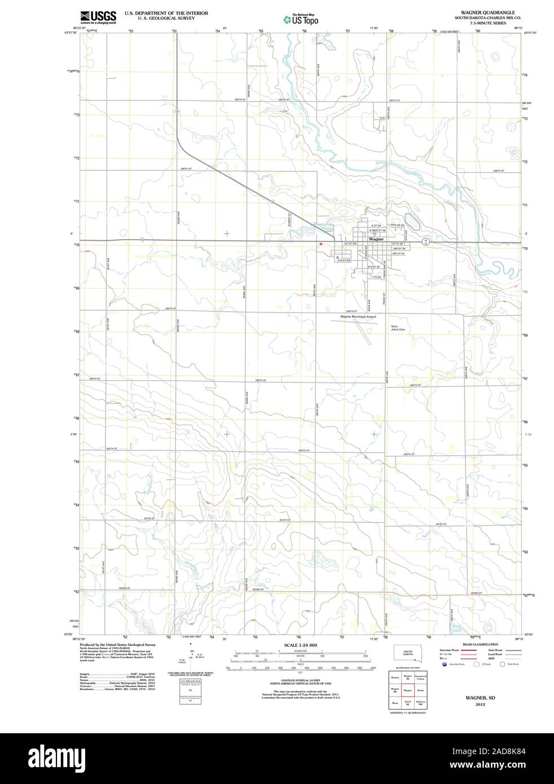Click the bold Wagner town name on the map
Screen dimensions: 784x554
click(x=376, y=239)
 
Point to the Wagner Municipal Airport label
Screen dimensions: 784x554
click(x=358, y=317)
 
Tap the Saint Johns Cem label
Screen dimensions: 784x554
click(x=398, y=328)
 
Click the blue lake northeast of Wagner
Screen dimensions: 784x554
click(x=412, y=221)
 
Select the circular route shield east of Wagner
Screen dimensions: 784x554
click(x=427, y=241)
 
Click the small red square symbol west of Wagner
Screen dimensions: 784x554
click(x=320, y=244)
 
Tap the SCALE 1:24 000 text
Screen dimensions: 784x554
click(x=301, y=645)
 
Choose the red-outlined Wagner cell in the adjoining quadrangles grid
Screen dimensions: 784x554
click(x=407, y=690)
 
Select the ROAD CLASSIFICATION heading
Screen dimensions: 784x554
click(x=480, y=644)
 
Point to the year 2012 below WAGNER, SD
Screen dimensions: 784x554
click(x=480, y=704)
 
